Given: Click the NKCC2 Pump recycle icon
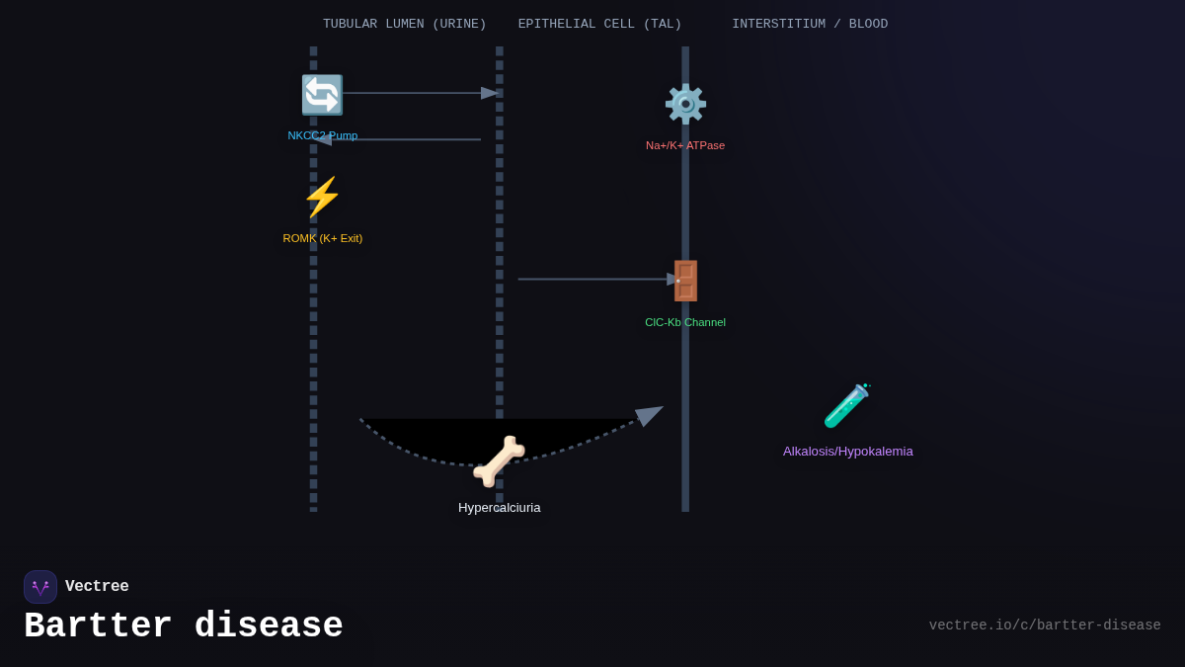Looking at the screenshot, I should pos(322,95).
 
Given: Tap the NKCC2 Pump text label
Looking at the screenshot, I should pos(323,135).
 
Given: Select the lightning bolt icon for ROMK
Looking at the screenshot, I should pos(322,197).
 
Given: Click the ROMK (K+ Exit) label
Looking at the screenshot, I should pos(323,238).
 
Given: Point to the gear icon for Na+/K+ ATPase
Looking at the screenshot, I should pos(685,104).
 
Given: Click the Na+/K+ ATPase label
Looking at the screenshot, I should pos(685,145).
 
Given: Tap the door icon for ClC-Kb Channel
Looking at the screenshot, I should pos(685,281).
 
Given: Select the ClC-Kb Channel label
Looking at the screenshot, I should pos(685,322).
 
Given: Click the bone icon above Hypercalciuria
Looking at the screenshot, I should pos(499,460).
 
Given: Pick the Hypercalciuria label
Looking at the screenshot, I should pos(500,508).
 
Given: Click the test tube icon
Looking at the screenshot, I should pos(847,405).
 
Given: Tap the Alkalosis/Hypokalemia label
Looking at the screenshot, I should pos(848,452).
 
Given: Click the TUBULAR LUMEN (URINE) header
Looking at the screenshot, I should pos(405,24).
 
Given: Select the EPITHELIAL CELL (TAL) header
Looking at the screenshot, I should pos(599,24).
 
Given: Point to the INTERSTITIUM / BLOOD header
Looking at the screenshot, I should pos(810,24).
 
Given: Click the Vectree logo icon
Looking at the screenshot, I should pos(40,587).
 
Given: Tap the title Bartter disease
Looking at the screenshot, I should pos(184,626).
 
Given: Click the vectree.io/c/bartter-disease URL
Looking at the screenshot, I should pos(1045,625).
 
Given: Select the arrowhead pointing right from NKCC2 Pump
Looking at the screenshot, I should pos(490,93).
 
